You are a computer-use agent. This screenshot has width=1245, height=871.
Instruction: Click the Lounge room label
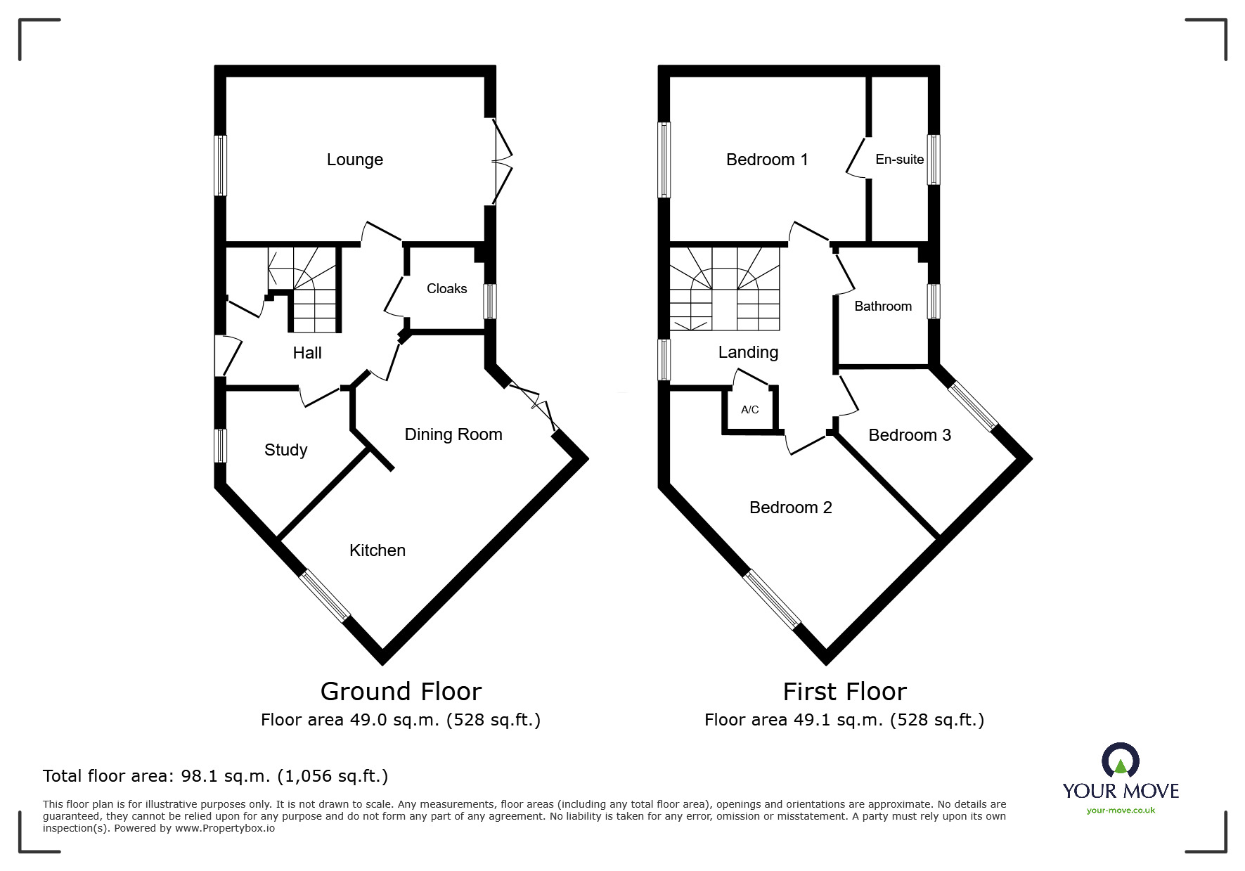pyautogui.click(x=354, y=160)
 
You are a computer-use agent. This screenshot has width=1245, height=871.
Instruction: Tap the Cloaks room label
pyautogui.click(x=446, y=288)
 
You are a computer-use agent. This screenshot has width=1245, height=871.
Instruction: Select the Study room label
pyautogui.click(x=285, y=450)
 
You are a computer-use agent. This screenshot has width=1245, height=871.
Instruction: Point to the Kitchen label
pyautogui.click(x=378, y=550)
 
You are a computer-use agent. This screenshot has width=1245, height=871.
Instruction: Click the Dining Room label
pyautogui.click(x=453, y=434)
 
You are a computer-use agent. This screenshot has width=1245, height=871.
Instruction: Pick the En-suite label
pyautogui.click(x=899, y=160)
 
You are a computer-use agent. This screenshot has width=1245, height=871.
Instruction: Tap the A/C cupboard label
pyautogui.click(x=750, y=410)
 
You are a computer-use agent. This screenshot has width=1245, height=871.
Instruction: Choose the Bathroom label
pyautogui.click(x=883, y=307)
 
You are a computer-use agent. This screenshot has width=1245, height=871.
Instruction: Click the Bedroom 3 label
pyautogui.click(x=910, y=435)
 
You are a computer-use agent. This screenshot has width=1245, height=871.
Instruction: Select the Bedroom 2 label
pyautogui.click(x=791, y=508)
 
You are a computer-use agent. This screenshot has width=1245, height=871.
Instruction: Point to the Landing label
pyautogui.click(x=748, y=352)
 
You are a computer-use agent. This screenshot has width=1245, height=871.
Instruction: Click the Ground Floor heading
pyautogui.click(x=401, y=692)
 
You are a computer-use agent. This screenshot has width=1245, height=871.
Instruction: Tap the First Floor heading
pyautogui.click(x=845, y=692)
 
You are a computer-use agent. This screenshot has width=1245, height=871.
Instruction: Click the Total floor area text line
pyautogui.click(x=215, y=776)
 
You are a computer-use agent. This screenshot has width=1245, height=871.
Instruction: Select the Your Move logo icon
pyautogui.click(x=1121, y=761)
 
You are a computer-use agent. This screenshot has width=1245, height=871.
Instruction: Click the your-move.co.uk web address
pyautogui.click(x=1121, y=811)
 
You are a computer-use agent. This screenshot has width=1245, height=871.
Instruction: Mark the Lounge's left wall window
pyautogui.click(x=221, y=165)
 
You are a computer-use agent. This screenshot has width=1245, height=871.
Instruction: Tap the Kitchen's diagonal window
pyautogui.click(x=324, y=596)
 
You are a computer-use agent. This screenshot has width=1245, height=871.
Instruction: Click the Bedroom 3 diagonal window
pyautogui.click(x=972, y=406)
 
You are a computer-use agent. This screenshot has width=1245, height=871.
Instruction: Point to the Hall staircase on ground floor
pyautogui.click(x=304, y=289)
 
